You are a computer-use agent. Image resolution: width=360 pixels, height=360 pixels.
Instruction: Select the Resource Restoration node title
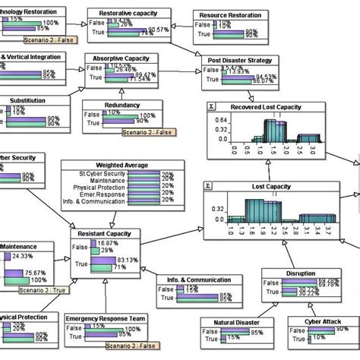(x=230, y=15)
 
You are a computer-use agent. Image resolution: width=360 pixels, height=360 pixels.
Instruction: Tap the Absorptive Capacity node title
(x=126, y=58)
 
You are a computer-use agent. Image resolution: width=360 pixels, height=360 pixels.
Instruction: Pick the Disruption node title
(x=306, y=273)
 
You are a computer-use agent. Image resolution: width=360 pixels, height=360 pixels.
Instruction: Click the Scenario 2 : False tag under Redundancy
(x=149, y=132)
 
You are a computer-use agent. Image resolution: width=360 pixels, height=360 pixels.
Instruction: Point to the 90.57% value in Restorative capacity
(x=157, y=29)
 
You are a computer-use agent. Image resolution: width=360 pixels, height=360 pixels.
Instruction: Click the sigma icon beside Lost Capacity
(x=209, y=185)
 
